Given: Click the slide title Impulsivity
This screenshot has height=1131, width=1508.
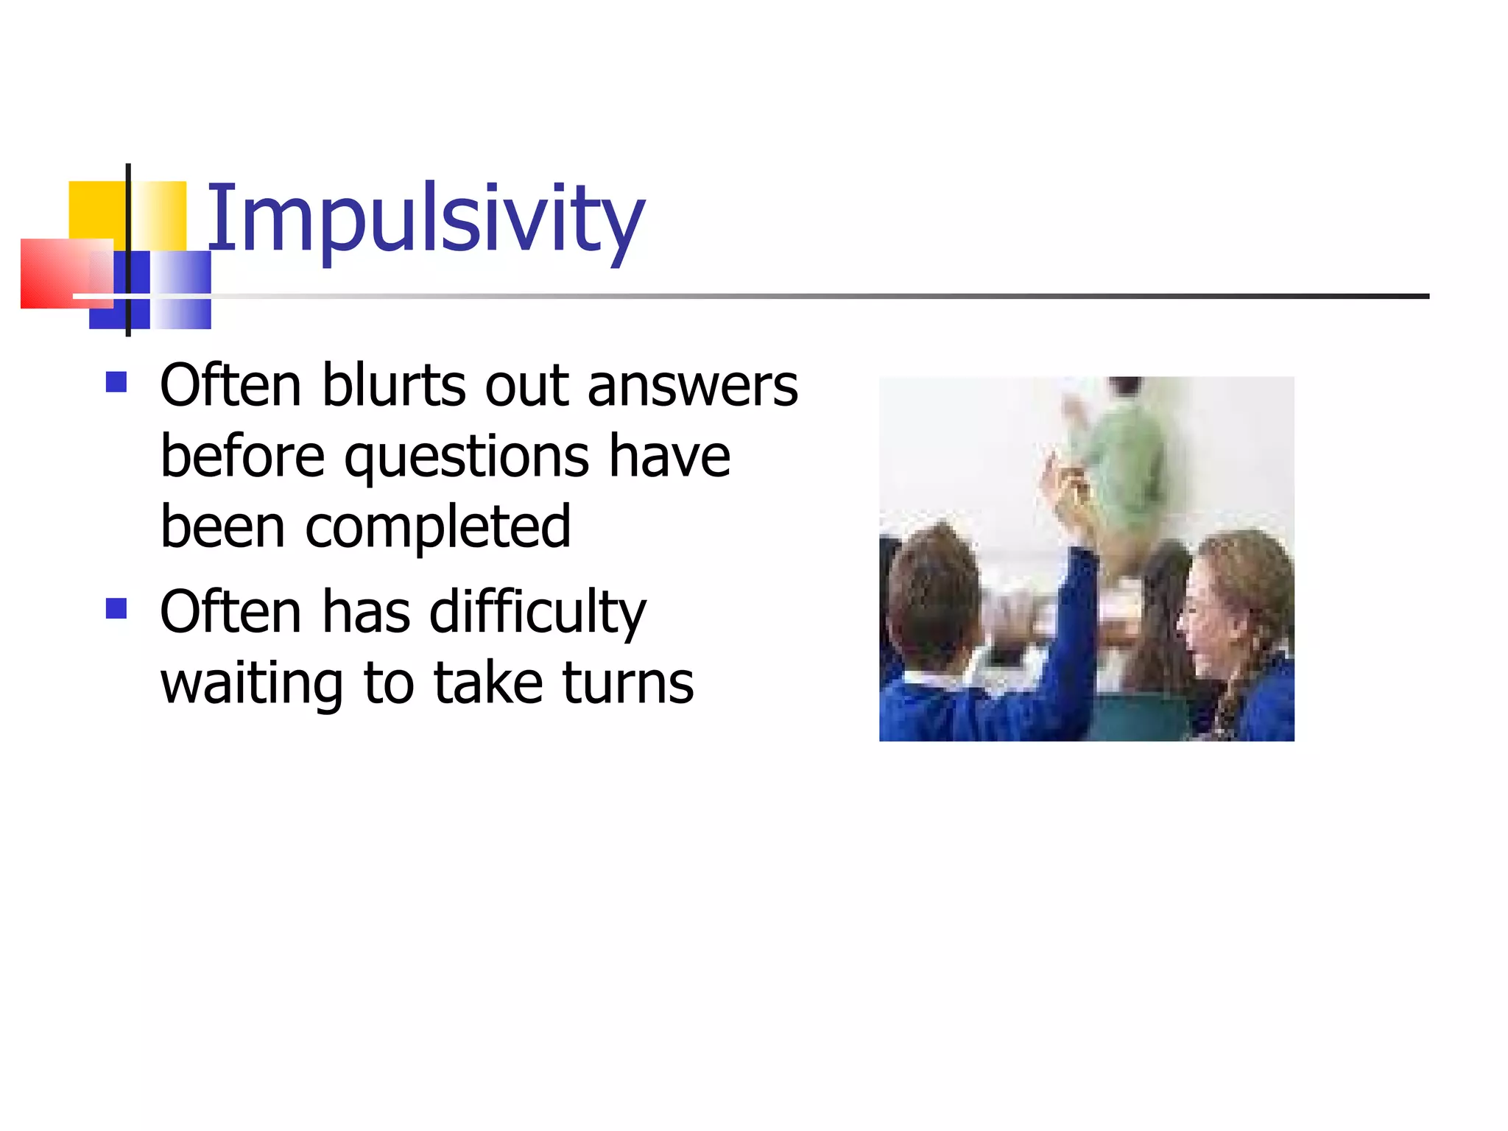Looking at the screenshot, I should (425, 219).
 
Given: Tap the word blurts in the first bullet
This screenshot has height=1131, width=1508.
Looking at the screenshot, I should (393, 386).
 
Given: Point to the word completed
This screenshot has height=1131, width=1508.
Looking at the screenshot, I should (438, 528).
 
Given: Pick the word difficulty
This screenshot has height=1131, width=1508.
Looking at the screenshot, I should (538, 613).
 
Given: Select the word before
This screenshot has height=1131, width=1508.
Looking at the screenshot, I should (242, 457).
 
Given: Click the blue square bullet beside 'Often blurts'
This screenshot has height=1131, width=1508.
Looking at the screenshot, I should (116, 382).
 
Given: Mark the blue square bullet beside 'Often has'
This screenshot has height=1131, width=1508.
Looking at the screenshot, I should (116, 608).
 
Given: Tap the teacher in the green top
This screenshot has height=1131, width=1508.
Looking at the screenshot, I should (1120, 464).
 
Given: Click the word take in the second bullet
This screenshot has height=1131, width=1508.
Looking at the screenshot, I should (488, 683).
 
